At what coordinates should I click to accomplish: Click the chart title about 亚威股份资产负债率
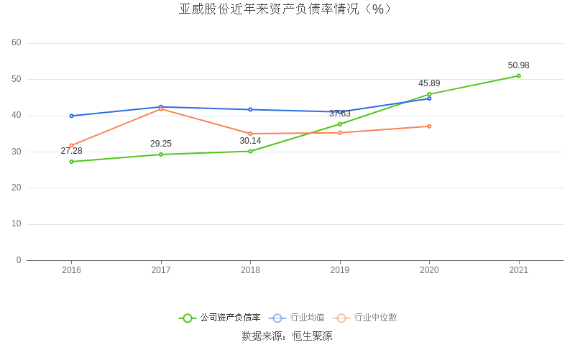[x=285, y=9]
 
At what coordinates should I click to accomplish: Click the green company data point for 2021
[x=518, y=75]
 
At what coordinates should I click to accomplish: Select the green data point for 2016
[x=72, y=162]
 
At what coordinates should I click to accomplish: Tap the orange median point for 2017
[x=161, y=109]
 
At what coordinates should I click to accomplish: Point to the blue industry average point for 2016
[x=72, y=116]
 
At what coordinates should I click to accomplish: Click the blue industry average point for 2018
[x=250, y=109]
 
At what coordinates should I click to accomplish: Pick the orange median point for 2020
[x=429, y=126]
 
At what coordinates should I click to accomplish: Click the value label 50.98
[x=518, y=65]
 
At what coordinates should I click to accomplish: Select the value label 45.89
[x=429, y=83]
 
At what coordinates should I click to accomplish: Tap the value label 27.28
[x=72, y=151]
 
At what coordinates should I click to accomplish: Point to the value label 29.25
[x=161, y=144]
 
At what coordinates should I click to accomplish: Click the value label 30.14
[x=250, y=141]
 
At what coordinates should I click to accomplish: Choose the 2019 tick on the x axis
[x=340, y=270]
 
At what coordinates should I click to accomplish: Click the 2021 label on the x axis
[x=518, y=270]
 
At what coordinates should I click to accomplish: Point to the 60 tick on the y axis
[x=17, y=43]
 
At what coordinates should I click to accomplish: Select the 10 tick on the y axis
[x=17, y=224]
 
